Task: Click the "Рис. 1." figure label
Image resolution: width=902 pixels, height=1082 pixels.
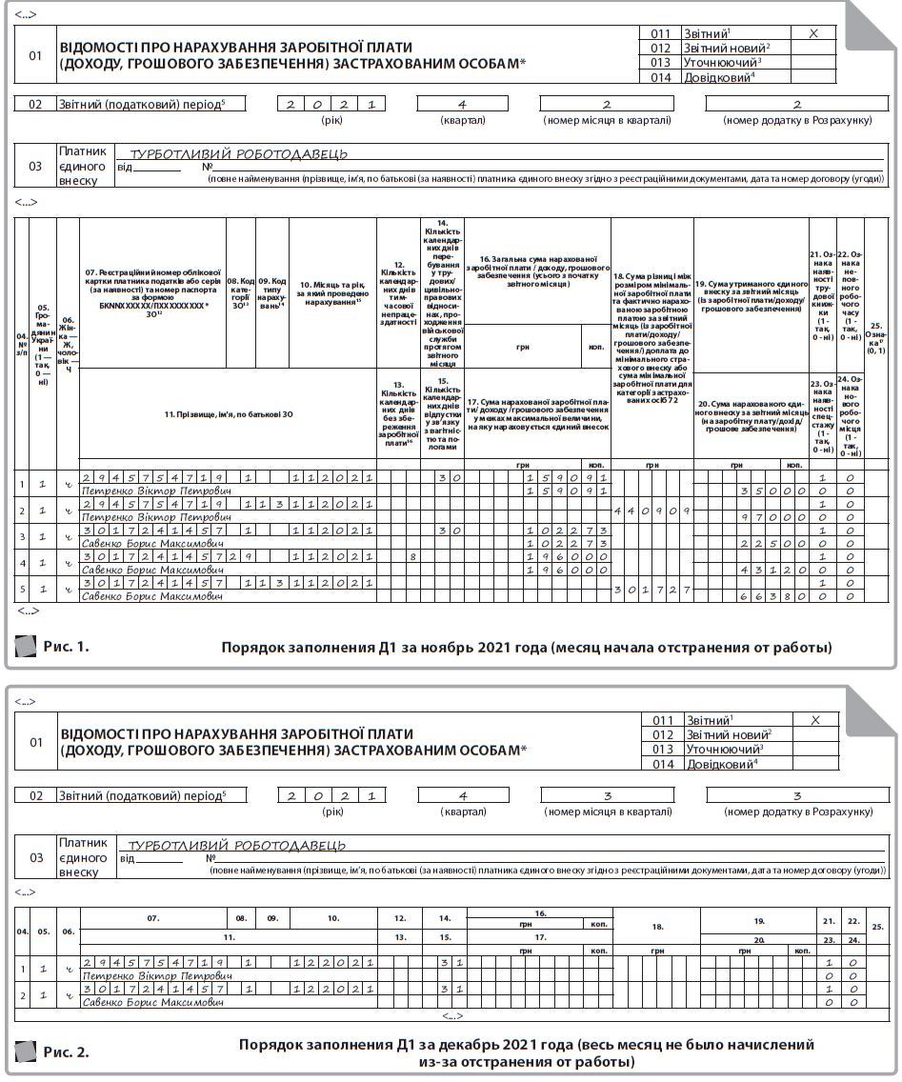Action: click(66, 647)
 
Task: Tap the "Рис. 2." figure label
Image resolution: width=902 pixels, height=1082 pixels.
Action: click(66, 1052)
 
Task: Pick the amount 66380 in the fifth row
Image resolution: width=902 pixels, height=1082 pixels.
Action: click(772, 596)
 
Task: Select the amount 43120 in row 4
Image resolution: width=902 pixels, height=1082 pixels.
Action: click(772, 570)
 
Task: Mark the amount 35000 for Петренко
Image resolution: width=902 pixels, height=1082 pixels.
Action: click(772, 491)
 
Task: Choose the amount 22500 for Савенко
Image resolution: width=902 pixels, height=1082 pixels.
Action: click(772, 543)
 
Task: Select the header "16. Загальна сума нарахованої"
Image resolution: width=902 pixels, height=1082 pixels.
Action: click(536, 270)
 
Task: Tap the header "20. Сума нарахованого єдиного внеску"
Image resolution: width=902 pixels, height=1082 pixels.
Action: click(752, 416)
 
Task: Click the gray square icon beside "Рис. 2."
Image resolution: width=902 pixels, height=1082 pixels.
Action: click(26, 1052)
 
